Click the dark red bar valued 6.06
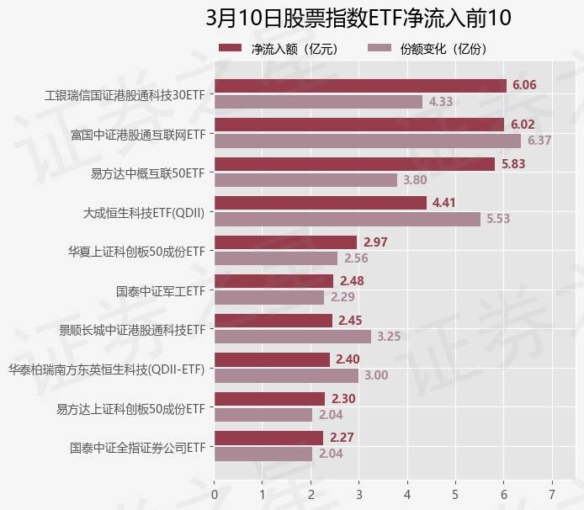coord(360,86)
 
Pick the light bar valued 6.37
coord(368,141)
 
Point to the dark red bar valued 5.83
coord(354,164)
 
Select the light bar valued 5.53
coord(348,219)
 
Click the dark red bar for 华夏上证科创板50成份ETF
coord(286,242)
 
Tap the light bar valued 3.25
coord(293,337)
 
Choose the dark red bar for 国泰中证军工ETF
coord(274,281)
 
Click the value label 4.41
coord(444,203)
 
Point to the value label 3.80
coord(415,179)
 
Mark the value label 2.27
coord(341,438)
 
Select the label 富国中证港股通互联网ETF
coord(138,133)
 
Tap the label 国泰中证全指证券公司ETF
coord(138,447)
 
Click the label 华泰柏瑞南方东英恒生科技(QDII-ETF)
coord(107,369)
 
